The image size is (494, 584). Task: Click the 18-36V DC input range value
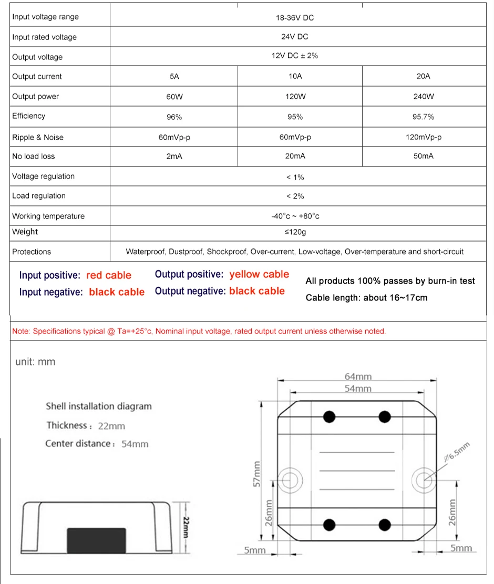click(295, 18)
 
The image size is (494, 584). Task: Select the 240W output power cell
click(423, 97)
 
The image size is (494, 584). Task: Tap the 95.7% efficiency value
click(423, 117)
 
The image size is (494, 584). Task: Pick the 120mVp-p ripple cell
click(423, 137)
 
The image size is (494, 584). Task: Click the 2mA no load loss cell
click(174, 157)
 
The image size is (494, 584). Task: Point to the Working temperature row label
click(48, 216)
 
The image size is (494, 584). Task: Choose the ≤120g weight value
click(295, 232)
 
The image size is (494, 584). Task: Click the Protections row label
click(32, 252)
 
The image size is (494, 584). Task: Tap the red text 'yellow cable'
click(259, 274)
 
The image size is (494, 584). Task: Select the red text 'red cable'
click(109, 275)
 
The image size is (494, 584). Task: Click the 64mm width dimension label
click(358, 377)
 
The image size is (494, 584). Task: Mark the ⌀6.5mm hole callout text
click(456, 452)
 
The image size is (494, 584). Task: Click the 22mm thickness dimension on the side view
click(186, 527)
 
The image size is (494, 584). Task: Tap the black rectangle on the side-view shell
click(96, 540)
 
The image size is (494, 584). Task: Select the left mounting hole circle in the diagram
click(290, 478)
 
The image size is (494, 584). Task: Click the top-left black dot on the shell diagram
click(330, 417)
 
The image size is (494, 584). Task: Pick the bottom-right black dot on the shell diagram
click(385, 525)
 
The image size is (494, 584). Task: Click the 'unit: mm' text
click(35, 362)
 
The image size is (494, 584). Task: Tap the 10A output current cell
click(295, 77)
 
